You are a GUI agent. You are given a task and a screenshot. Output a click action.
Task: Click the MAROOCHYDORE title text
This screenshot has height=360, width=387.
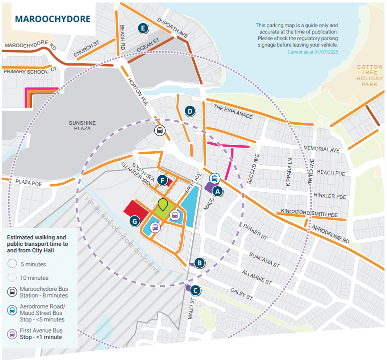coord(53,20)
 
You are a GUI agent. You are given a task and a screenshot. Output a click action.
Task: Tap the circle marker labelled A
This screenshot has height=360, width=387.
coord(217,191)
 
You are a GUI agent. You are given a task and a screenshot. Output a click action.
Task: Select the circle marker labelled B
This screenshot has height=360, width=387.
coord(199,262)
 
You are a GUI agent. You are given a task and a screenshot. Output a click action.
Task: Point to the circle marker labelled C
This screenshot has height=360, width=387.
coord(196,289)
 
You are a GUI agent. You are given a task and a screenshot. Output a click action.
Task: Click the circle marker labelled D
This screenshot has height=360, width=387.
coord(190,111)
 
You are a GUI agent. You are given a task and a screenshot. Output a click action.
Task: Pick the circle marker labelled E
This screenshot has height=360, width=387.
coord(144,28)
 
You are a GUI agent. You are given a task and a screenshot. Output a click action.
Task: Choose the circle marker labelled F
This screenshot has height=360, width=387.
coord(162,180)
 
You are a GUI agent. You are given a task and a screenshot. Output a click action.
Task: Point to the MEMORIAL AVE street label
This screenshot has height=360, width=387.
coord(321,149)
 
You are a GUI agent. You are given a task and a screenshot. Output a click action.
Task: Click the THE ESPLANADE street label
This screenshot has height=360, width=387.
coord(233,111)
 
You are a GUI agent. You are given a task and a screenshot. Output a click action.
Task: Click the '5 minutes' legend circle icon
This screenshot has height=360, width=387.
coord(13,264)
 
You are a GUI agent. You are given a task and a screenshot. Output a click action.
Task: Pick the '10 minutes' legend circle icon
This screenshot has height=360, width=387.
coord(13,277)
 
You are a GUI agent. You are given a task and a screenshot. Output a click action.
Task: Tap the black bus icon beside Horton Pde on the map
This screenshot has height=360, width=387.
coord(159,132)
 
